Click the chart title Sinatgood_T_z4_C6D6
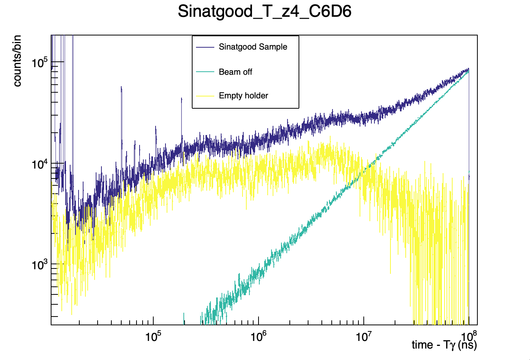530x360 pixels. pyautogui.click(x=265, y=12)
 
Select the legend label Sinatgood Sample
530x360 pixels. pyautogui.click(x=253, y=47)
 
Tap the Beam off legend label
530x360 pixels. pyautogui.click(x=235, y=72)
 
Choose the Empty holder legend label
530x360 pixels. pyautogui.click(x=243, y=96)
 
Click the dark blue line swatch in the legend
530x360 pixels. pyautogui.click(x=205, y=47)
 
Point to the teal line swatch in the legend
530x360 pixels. pyautogui.click(x=205, y=72)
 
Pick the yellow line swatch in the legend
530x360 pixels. pyautogui.click(x=205, y=96)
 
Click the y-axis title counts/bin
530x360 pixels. pyautogui.click(x=17, y=61)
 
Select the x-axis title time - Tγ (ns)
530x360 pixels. pyautogui.click(x=444, y=345)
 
